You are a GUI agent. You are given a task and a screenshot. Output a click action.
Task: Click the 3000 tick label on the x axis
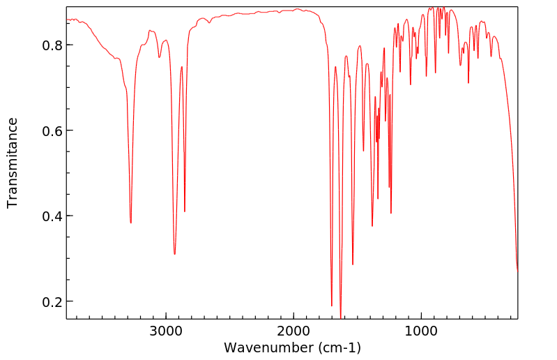pyautogui.click(x=166, y=331)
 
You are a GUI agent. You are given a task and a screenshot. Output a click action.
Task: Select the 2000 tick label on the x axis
pyautogui.click(x=293, y=331)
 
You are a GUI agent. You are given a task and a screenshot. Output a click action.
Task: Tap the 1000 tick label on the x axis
pyautogui.click(x=421, y=331)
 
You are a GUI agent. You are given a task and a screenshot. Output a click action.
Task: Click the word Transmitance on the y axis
pyautogui.click(x=13, y=163)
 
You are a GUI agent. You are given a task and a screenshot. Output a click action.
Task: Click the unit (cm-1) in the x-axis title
pyautogui.click(x=339, y=347)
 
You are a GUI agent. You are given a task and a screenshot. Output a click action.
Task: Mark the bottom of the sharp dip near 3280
pyautogui.click(x=131, y=223)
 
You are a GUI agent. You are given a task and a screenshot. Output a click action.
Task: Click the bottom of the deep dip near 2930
pyautogui.click(x=175, y=255)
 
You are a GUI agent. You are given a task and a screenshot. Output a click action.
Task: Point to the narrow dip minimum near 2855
pyautogui.click(x=185, y=211)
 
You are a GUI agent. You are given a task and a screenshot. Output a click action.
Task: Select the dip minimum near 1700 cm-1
pyautogui.click(x=332, y=306)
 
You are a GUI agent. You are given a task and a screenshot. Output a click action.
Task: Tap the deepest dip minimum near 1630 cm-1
pyautogui.click(x=340, y=318)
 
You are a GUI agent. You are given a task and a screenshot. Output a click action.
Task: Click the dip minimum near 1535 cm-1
pyautogui.click(x=353, y=264)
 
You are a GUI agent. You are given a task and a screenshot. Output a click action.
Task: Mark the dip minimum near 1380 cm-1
pyautogui.click(x=372, y=226)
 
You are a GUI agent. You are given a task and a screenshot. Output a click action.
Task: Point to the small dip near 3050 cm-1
pyautogui.click(x=160, y=57)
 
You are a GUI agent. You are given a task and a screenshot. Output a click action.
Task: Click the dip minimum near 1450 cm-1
pyautogui.click(x=363, y=151)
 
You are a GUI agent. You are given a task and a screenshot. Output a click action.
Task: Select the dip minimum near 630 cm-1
pyautogui.click(x=468, y=83)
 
